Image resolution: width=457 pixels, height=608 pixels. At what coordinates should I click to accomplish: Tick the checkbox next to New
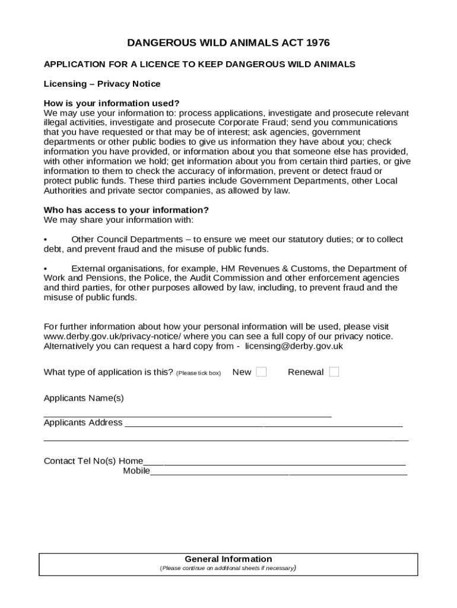[261, 372]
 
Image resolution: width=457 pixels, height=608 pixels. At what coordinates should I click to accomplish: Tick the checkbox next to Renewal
[334, 372]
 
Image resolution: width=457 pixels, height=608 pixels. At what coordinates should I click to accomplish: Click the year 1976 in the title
[318, 43]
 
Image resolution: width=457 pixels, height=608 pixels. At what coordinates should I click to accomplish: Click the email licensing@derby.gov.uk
[294, 346]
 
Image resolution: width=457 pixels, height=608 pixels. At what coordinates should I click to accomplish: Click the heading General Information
[228, 559]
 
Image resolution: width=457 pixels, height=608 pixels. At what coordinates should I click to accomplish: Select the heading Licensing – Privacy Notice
[102, 84]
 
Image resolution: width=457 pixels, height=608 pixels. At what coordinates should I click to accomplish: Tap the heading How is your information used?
[112, 103]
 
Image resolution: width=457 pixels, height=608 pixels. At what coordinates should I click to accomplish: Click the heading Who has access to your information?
[126, 210]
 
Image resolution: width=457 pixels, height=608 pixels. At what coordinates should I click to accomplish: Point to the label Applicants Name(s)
[84, 398]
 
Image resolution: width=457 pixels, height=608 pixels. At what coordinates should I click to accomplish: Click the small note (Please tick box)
[198, 373]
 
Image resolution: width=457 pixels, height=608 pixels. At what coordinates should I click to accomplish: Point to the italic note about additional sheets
[228, 568]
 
